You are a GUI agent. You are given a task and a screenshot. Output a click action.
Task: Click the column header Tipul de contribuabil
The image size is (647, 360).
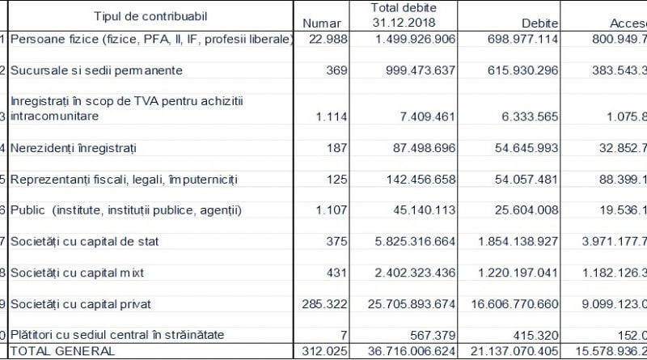[146, 16]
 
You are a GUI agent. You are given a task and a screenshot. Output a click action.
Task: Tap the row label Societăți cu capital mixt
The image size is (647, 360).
[77, 273]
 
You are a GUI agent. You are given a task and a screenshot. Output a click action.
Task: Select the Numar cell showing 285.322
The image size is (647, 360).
[323, 304]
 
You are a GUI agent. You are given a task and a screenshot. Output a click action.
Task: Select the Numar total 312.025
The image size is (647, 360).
[323, 351]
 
